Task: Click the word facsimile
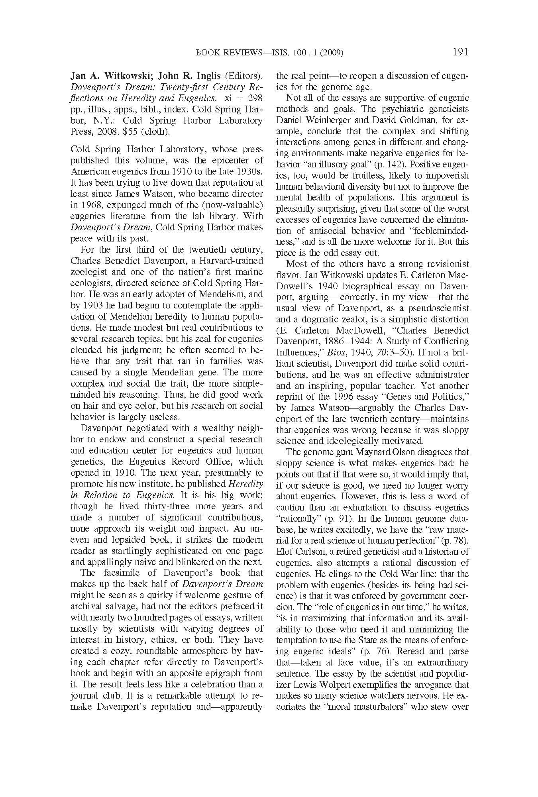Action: tap(125, 573)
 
